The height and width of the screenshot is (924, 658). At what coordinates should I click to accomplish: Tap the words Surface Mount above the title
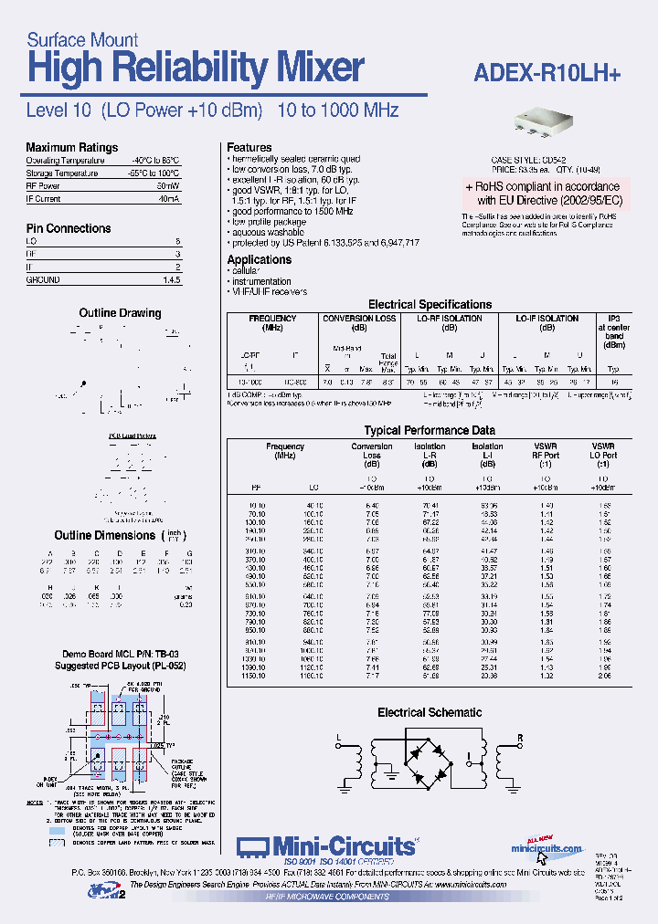coord(82,39)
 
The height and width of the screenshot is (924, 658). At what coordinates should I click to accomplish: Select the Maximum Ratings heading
coord(71,147)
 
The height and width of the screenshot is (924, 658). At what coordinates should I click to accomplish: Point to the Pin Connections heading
coord(69,228)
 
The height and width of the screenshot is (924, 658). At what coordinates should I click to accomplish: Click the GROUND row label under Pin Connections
coord(43,280)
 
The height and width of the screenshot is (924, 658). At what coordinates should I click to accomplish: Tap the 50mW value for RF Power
coord(168,185)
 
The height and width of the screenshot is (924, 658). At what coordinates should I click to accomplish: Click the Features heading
coord(249,147)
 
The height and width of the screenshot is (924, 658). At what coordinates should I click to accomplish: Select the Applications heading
coord(260,260)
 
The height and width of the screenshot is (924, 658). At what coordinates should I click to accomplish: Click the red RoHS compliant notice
coord(548,192)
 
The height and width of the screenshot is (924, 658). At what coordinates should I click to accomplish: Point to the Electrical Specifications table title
coord(430,304)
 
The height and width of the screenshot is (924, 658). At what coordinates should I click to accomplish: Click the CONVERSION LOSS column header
coord(359,319)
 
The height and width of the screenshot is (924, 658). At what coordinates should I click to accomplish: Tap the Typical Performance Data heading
coord(430,429)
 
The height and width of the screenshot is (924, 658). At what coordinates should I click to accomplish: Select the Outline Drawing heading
coord(120,313)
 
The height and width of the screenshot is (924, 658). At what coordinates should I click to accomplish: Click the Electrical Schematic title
coord(430,712)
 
